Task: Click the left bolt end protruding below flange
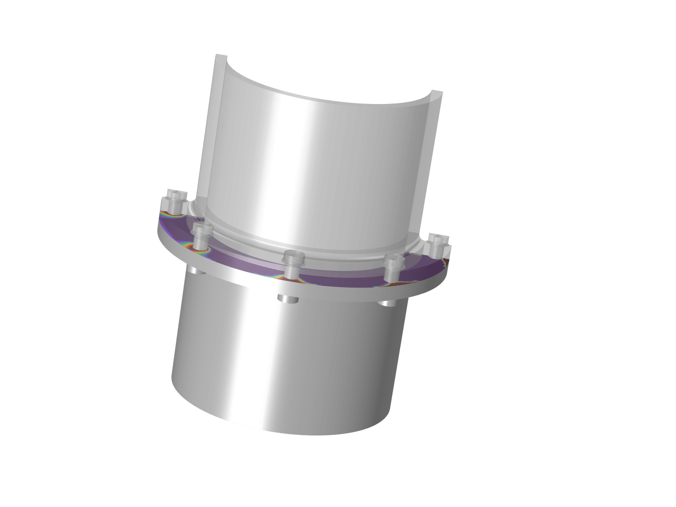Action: [196, 270]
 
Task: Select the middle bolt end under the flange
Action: [288, 299]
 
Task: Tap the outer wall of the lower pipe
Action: [286, 362]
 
